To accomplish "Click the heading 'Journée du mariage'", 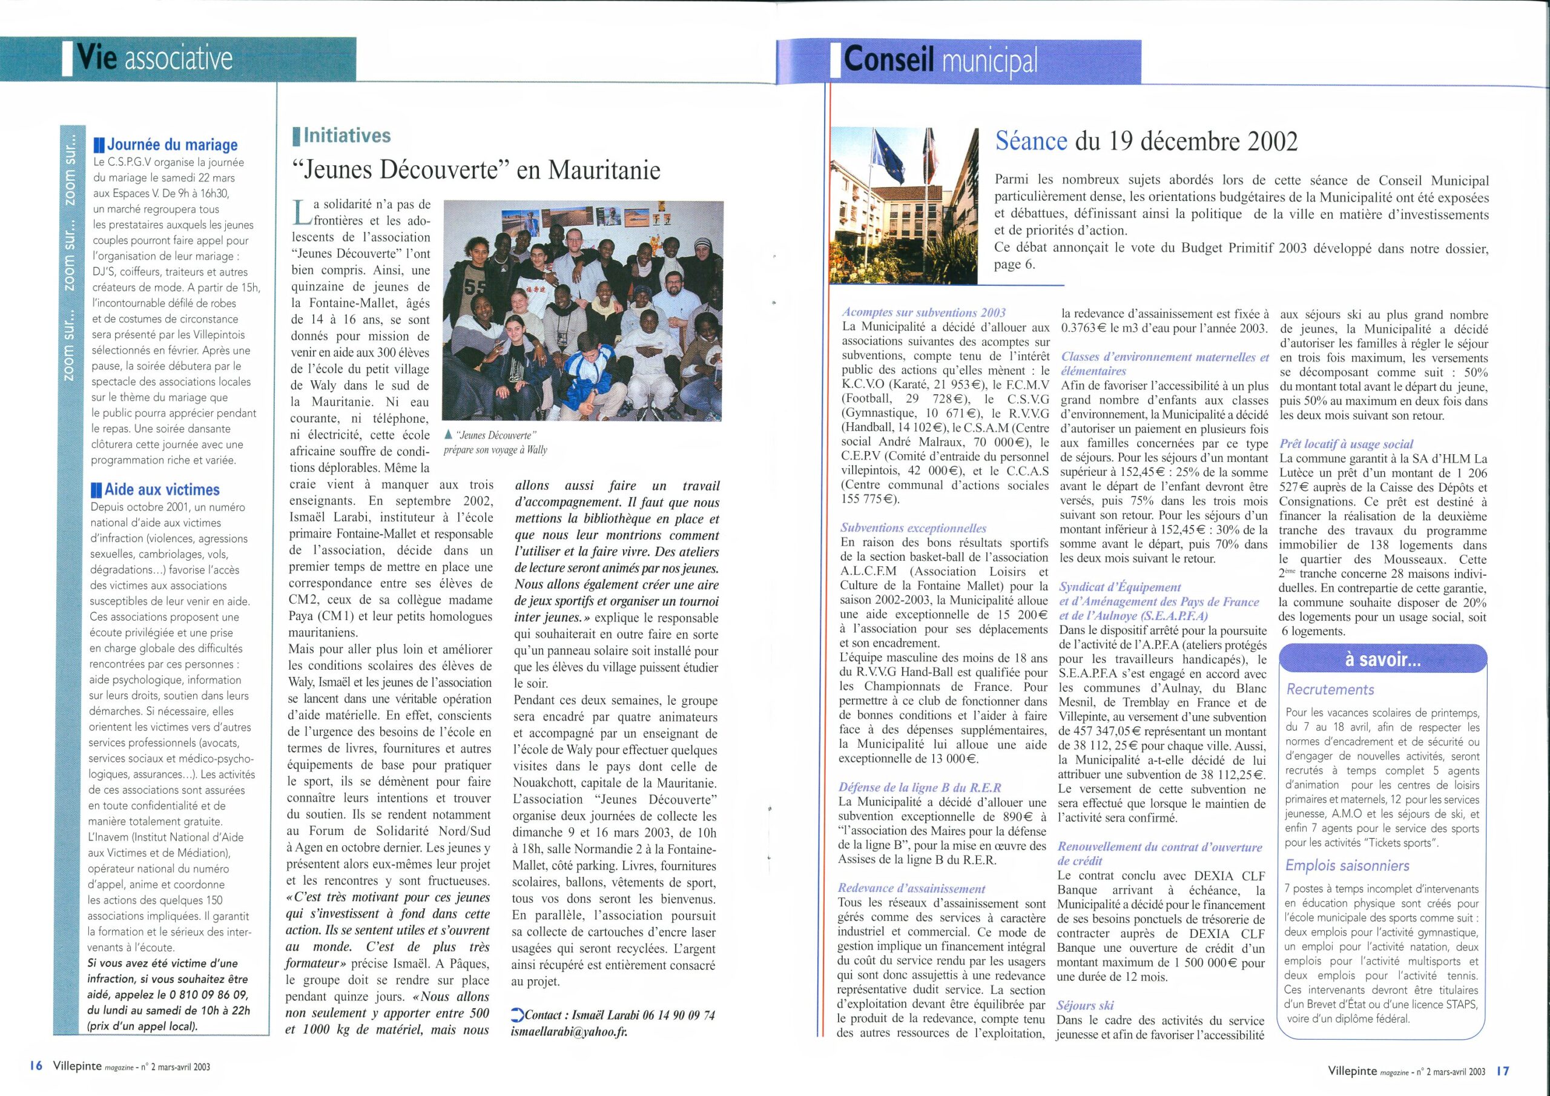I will (172, 145).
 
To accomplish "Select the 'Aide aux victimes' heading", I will (162, 490).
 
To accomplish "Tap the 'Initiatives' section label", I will (347, 136).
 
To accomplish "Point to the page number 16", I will (36, 1066).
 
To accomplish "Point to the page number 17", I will (1503, 1071).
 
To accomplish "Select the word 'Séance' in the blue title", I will (1032, 141).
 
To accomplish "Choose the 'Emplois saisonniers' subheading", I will (1347, 866).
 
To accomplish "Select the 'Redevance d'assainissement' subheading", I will (911, 889).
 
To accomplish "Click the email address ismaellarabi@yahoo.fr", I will (569, 1032).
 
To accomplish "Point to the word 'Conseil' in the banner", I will (888, 60).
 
